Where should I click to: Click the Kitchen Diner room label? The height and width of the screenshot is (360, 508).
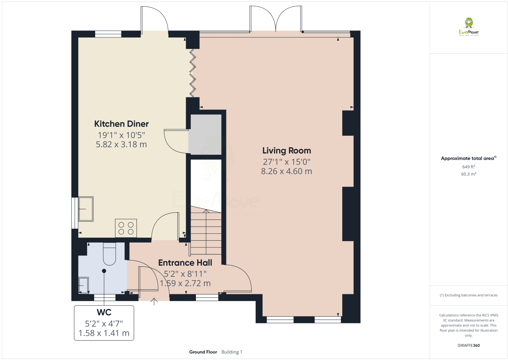click(x=121, y=124)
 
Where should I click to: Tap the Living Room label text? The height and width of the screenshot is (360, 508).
click(x=286, y=151)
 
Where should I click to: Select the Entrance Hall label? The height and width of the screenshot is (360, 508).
click(x=185, y=263)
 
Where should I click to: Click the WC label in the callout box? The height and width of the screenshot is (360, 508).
click(x=104, y=312)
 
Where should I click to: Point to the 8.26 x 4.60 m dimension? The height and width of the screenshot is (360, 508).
click(x=286, y=171)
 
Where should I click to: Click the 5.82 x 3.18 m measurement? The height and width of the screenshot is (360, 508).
click(x=121, y=145)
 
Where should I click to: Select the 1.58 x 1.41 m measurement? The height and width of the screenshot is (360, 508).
click(x=104, y=333)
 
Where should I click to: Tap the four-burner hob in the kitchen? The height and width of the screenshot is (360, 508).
click(x=126, y=228)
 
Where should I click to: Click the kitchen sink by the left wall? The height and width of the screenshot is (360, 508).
click(x=86, y=209)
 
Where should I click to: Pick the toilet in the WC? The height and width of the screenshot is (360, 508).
click(x=109, y=254)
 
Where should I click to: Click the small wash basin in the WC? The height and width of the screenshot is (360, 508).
click(x=84, y=285)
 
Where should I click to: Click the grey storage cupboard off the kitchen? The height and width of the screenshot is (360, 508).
click(x=205, y=134)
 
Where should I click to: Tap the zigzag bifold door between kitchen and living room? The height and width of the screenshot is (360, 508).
click(x=193, y=73)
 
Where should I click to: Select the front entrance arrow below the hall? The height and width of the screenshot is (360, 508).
click(x=154, y=301)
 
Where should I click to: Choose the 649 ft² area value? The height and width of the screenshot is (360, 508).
click(x=469, y=167)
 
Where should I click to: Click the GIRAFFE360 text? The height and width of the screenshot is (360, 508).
click(x=469, y=345)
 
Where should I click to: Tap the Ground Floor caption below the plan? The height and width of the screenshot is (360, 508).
click(x=203, y=352)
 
